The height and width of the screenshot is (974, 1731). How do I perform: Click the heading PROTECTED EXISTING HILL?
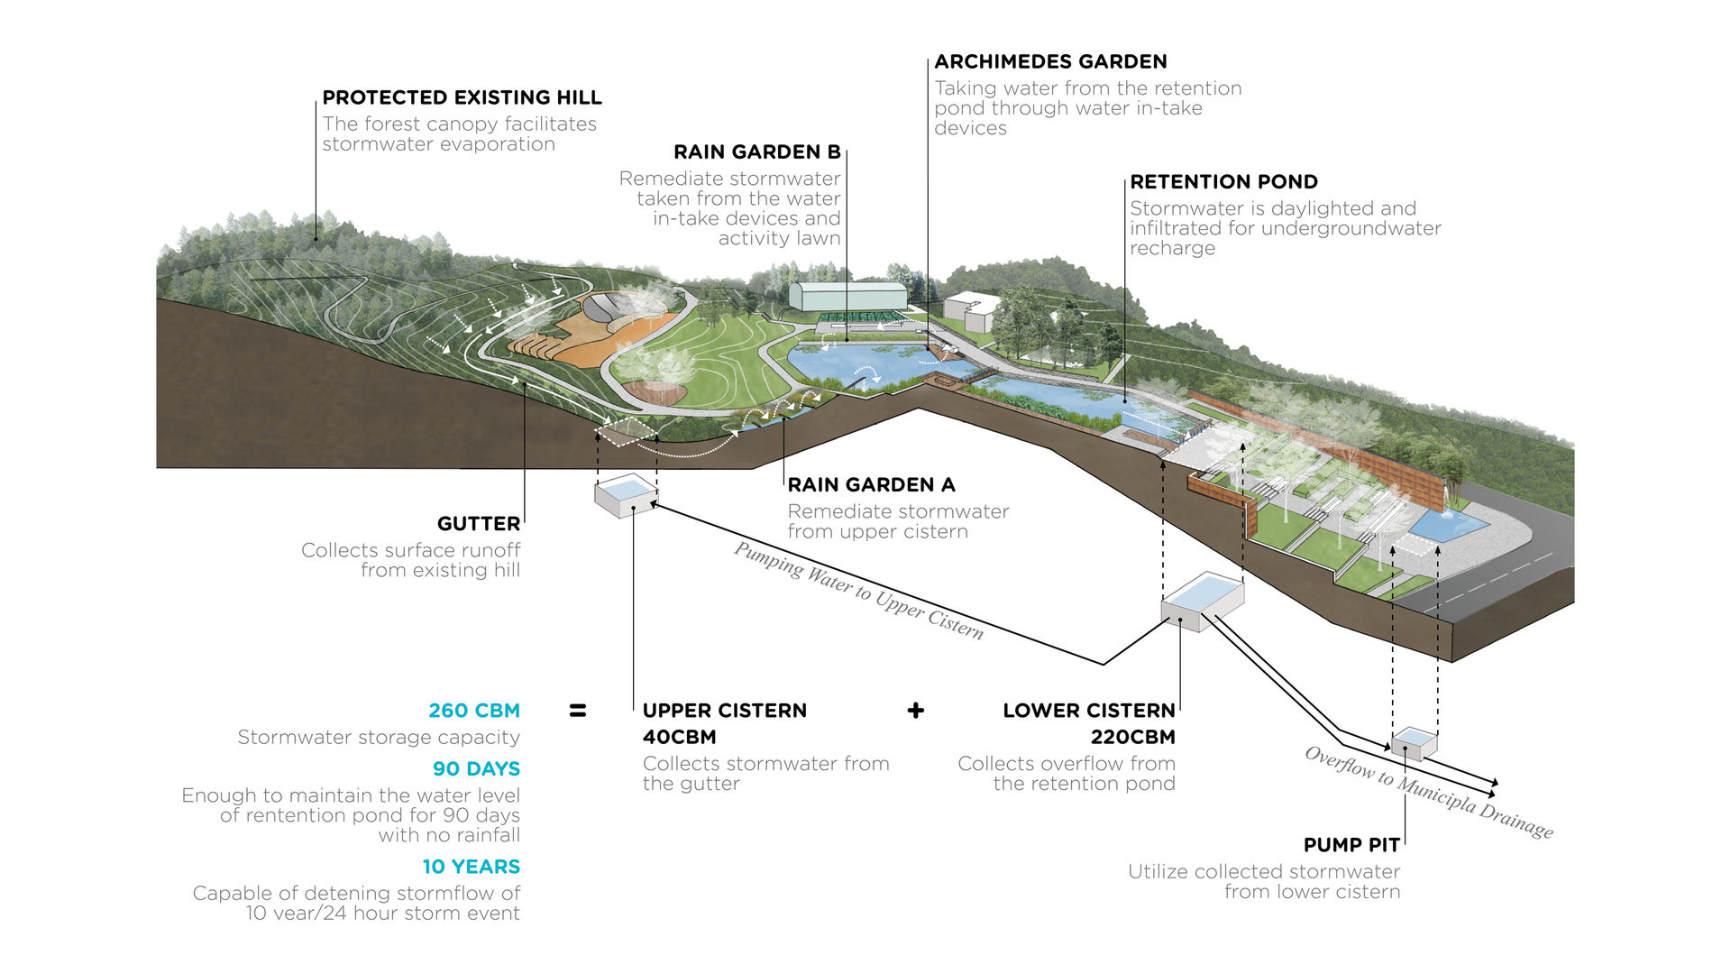pyautogui.click(x=462, y=97)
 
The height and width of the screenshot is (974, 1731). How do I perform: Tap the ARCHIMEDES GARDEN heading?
pyautogui.click(x=1050, y=61)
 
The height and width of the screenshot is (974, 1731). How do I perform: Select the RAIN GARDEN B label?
pyautogui.click(x=756, y=152)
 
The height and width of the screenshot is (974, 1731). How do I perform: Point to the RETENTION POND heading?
pyautogui.click(x=1223, y=181)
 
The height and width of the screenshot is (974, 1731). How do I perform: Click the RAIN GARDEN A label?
pyautogui.click(x=871, y=484)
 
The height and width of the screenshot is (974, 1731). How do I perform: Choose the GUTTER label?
pyautogui.click(x=478, y=523)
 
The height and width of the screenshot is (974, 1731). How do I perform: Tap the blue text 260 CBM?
pyautogui.click(x=474, y=711)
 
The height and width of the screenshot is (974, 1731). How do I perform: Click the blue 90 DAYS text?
pyautogui.click(x=476, y=768)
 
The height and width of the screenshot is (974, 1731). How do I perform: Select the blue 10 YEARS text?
pyautogui.click(x=471, y=867)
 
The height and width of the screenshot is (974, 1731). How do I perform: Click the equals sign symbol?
pyautogui.click(x=578, y=711)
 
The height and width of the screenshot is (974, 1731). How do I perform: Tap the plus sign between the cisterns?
pyautogui.click(x=916, y=711)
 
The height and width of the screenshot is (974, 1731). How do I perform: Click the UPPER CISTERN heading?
pyautogui.click(x=724, y=711)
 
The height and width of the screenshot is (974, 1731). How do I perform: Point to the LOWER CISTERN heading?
pyautogui.click(x=1088, y=711)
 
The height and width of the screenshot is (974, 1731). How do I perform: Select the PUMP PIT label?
pyautogui.click(x=1351, y=845)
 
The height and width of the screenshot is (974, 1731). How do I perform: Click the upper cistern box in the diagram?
pyautogui.click(x=625, y=496)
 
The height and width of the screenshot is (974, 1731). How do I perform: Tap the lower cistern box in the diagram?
pyautogui.click(x=1202, y=602)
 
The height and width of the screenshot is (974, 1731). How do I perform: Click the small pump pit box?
pyautogui.click(x=1414, y=744)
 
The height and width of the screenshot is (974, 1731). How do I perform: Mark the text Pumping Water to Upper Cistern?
pyautogui.click(x=857, y=592)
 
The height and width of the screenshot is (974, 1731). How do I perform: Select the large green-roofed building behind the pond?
pyautogui.click(x=847, y=296)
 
